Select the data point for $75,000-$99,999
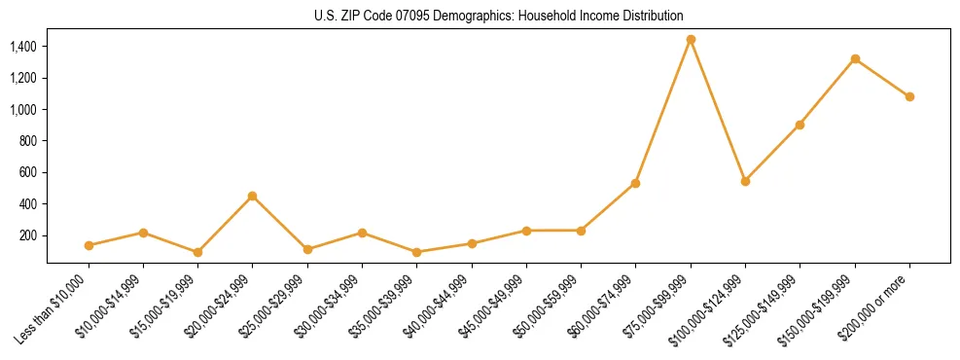(x=691, y=40)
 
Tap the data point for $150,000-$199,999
(x=855, y=59)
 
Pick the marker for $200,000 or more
(x=909, y=96)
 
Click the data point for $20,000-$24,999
(x=253, y=196)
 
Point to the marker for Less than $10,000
(x=89, y=245)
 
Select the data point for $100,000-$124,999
(x=745, y=181)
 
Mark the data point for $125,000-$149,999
(x=800, y=125)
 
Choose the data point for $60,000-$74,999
(x=635, y=183)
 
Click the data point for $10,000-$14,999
(x=143, y=233)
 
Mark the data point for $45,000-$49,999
(x=526, y=231)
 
